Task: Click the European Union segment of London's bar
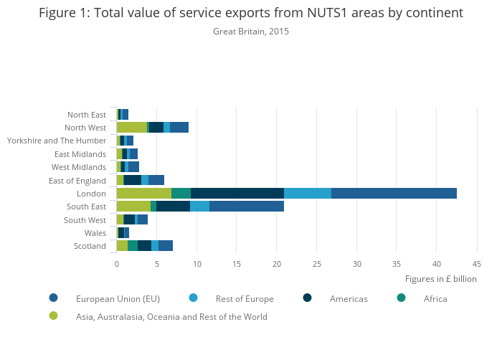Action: (394, 193)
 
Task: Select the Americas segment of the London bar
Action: (237, 193)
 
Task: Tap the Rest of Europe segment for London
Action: (308, 193)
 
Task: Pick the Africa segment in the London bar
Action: (181, 193)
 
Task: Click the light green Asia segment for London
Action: (143, 193)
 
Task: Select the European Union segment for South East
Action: (247, 207)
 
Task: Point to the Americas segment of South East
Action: (173, 207)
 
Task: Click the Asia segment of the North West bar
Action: (131, 127)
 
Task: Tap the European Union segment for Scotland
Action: (166, 246)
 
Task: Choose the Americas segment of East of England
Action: (133, 180)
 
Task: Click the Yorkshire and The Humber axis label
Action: (57, 141)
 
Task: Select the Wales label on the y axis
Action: (95, 233)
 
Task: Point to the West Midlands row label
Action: (80, 167)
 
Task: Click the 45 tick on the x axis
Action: (476, 263)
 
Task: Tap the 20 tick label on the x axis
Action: (277, 263)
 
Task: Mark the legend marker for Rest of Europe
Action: (193, 298)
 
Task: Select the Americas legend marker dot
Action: (308, 298)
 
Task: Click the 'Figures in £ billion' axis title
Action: (440, 279)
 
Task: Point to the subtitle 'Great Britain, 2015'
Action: (251, 32)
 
